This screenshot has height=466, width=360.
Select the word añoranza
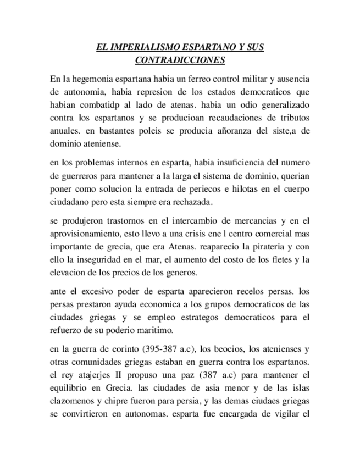[209, 131]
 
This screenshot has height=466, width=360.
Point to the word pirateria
[268, 247]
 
